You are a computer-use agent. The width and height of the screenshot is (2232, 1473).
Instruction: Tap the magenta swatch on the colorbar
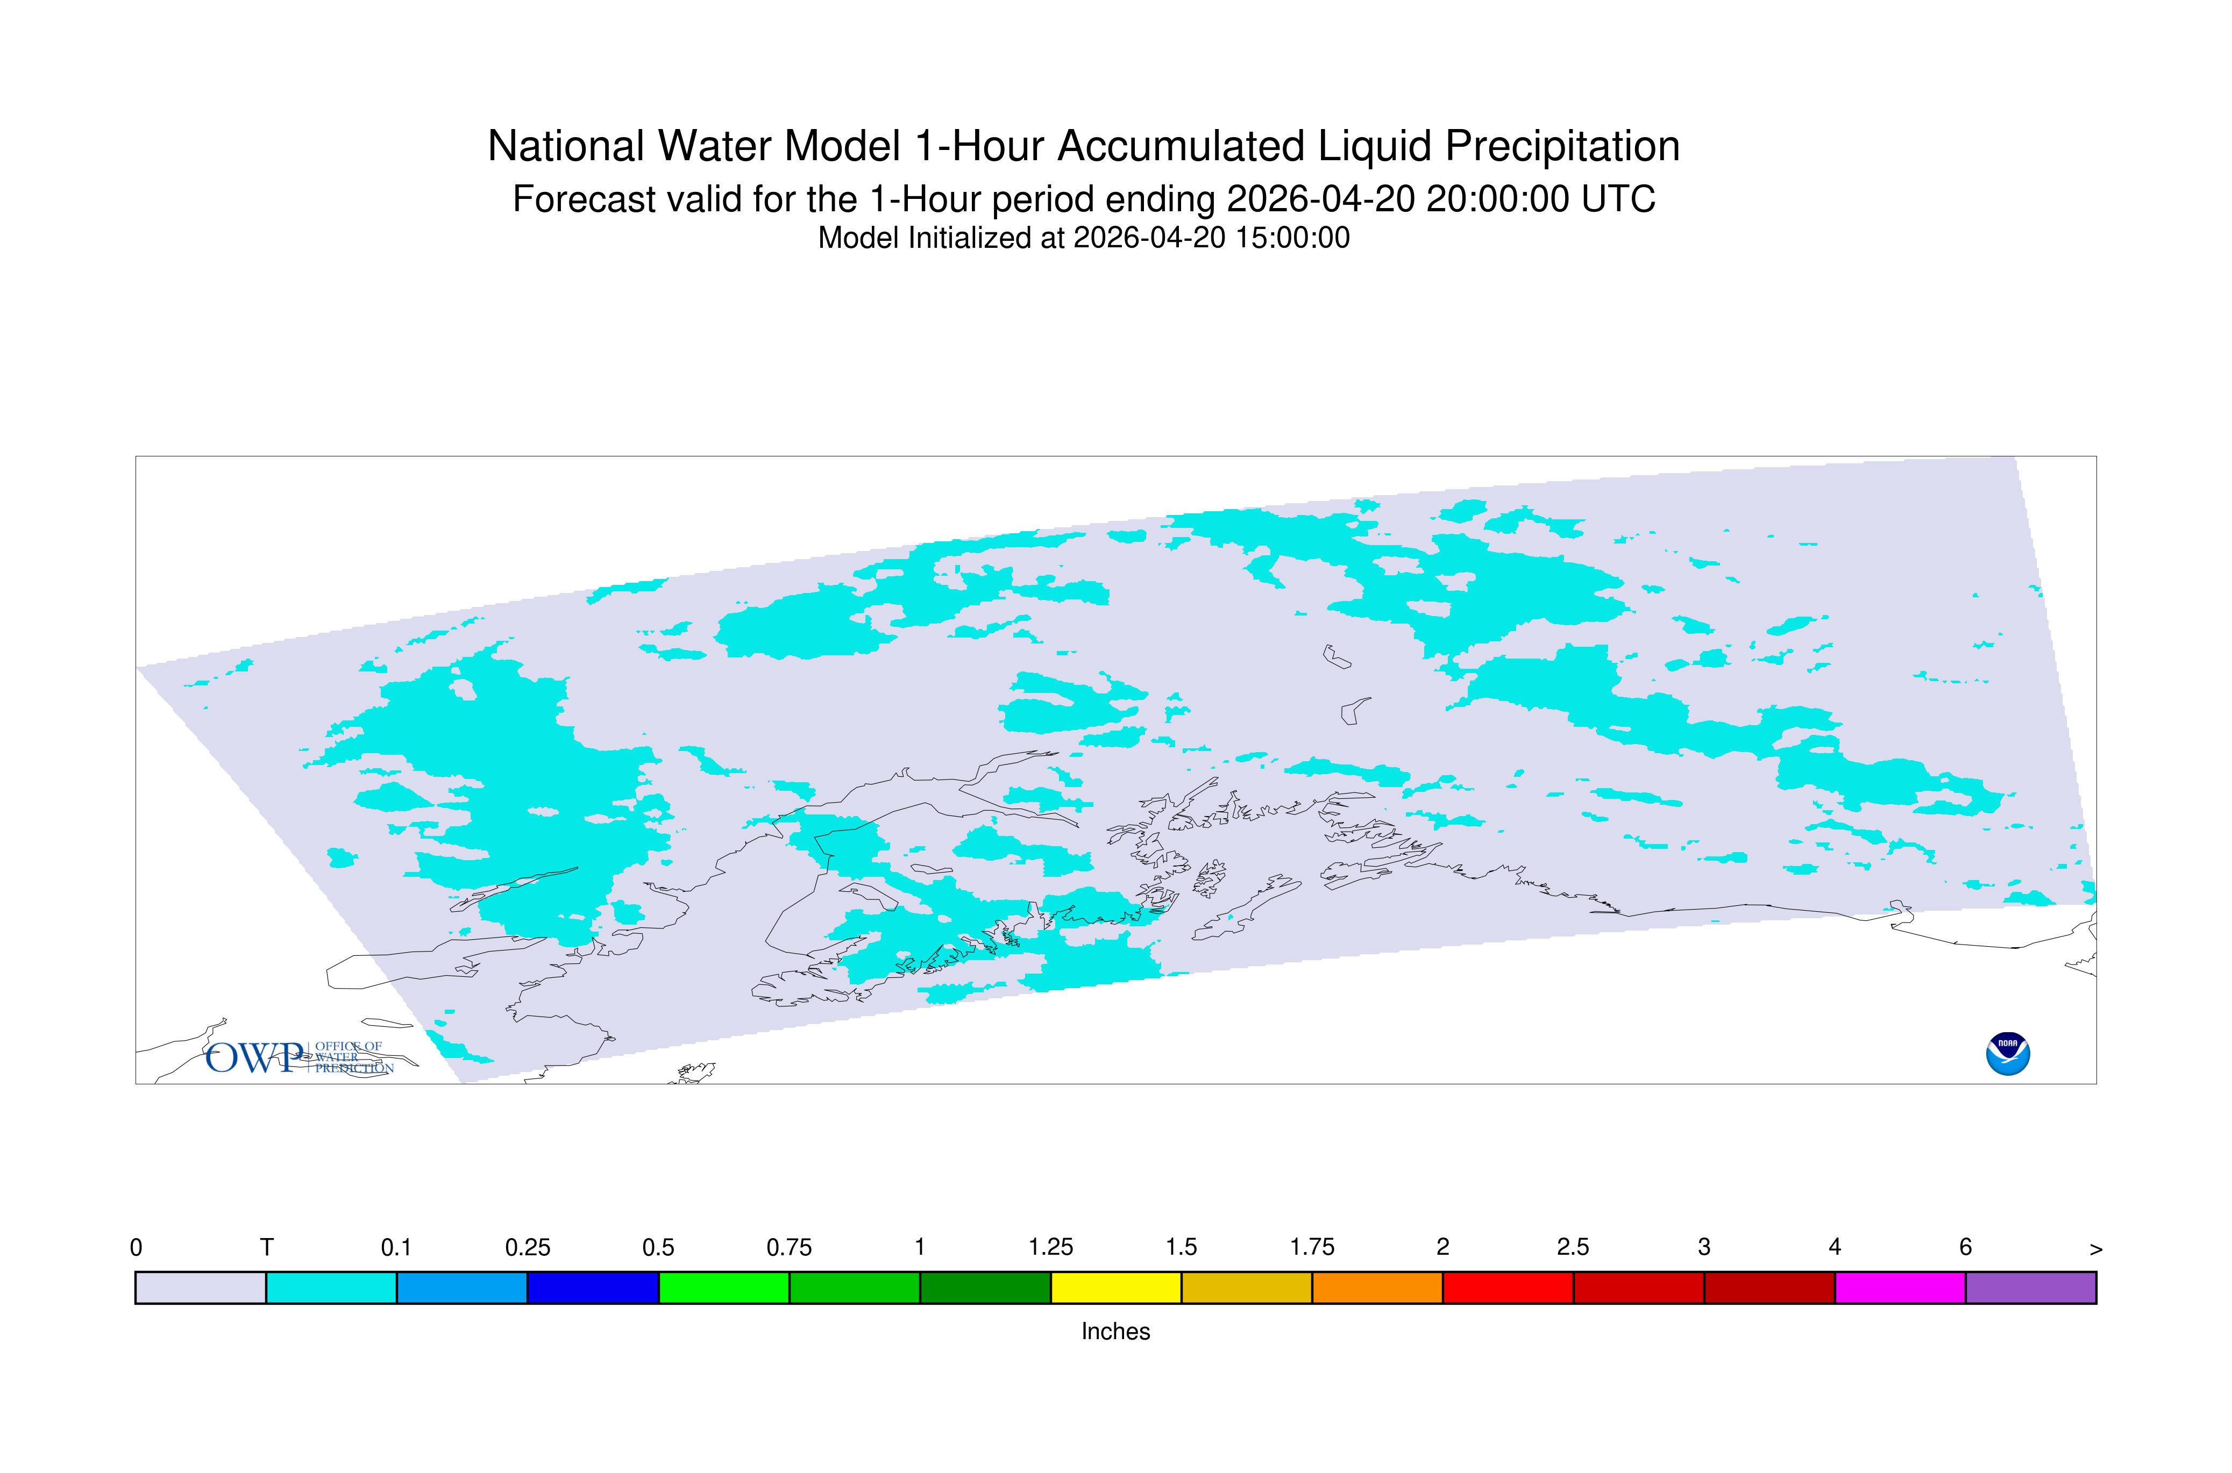tap(1899, 1288)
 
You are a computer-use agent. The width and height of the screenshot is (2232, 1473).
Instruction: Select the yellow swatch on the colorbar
tap(1115, 1288)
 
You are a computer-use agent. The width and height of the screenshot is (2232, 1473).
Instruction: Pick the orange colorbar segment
tap(1377, 1288)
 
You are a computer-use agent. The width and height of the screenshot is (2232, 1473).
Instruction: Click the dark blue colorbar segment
tap(593, 1288)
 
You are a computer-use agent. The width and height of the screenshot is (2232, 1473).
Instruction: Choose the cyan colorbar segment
tap(332, 1288)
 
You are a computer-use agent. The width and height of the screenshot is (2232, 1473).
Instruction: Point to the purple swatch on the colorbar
tap(2030, 1288)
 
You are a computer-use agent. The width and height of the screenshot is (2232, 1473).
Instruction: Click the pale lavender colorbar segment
tap(201, 1288)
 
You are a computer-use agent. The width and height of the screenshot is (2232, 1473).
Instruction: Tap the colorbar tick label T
tap(267, 1248)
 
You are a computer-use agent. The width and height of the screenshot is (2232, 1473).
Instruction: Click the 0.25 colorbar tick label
tap(528, 1248)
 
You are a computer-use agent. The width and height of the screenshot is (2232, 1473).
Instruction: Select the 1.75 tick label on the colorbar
tap(1312, 1248)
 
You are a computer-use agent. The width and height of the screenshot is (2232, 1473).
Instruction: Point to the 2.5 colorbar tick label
tap(1573, 1248)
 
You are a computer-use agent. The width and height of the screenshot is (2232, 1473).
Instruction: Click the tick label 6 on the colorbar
tap(1965, 1248)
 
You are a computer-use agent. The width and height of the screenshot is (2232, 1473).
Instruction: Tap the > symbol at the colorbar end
tap(2096, 1249)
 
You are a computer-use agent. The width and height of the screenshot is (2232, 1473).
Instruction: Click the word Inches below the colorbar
tap(1115, 1331)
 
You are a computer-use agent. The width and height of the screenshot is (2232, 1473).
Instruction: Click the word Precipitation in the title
tap(1562, 147)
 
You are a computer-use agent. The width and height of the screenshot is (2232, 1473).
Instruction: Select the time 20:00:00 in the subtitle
tap(1498, 199)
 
